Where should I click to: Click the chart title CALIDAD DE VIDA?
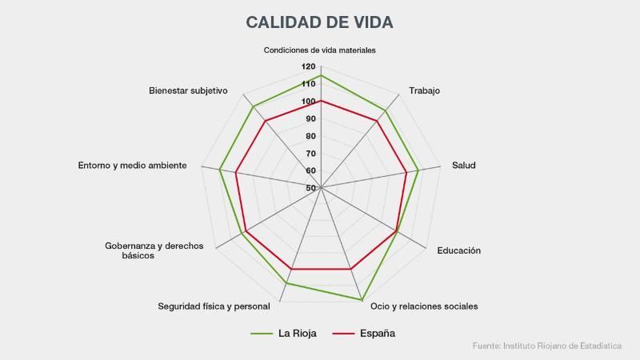coord(320,22)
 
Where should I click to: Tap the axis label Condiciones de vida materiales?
coord(320,50)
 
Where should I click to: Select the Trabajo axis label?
coord(424,90)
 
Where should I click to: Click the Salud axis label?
coord(464,166)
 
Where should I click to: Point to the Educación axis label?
coord(458,250)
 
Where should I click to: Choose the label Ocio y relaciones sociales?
coord(424,306)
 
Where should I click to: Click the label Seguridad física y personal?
coord(214,306)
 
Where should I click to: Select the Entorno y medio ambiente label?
coord(133,166)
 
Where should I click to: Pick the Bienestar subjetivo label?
coord(188,90)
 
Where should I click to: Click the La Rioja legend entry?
coord(284,334)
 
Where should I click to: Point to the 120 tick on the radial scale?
coord(309,67)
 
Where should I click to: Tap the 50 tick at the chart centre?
coord(310,188)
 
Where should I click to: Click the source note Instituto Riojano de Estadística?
coord(547,346)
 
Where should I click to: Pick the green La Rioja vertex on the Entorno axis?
coord(220,169)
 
